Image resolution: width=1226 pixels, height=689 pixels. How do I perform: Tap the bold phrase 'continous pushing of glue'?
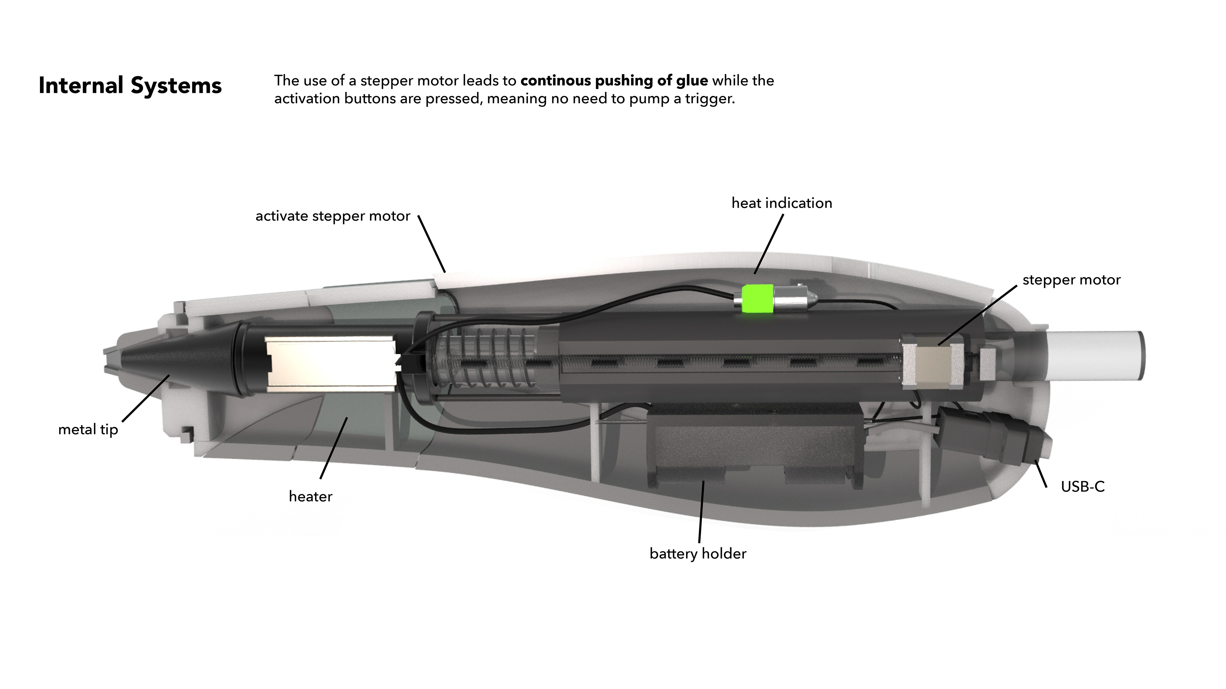pyautogui.click(x=614, y=81)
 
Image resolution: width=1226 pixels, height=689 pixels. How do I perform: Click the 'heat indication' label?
pyautogui.click(x=782, y=204)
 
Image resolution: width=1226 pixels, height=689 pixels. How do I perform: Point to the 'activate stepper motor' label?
pyautogui.click(x=333, y=216)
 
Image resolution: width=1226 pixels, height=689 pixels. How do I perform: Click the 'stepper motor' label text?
pyautogui.click(x=1071, y=280)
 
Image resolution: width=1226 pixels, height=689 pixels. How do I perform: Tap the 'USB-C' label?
pyautogui.click(x=1082, y=487)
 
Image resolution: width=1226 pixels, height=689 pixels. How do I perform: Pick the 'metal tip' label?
pyautogui.click(x=88, y=430)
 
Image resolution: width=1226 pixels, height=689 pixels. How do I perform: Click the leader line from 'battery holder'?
pyautogui.click(x=701, y=511)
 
